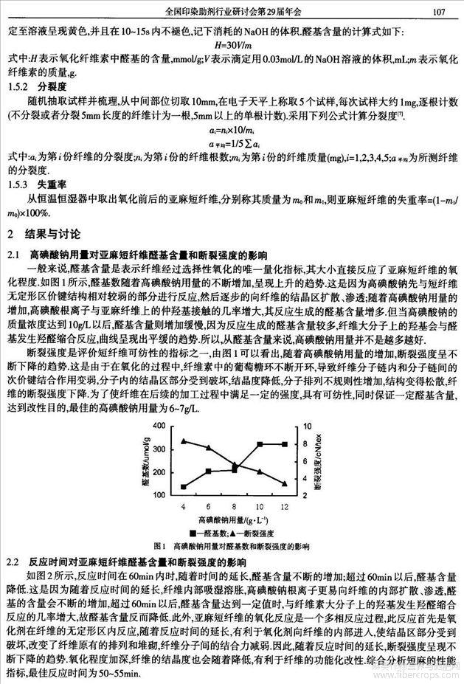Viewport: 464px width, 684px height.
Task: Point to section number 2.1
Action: (x=14, y=253)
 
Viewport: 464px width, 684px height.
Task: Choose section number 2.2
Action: (x=14, y=560)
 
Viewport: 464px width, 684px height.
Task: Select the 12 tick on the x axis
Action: (x=285, y=506)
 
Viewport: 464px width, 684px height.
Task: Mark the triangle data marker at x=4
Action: (x=183, y=441)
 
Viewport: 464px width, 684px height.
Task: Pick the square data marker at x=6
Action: (x=208, y=471)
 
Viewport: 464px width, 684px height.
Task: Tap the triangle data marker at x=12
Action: (x=285, y=483)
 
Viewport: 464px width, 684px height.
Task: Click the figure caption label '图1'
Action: (x=159, y=547)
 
